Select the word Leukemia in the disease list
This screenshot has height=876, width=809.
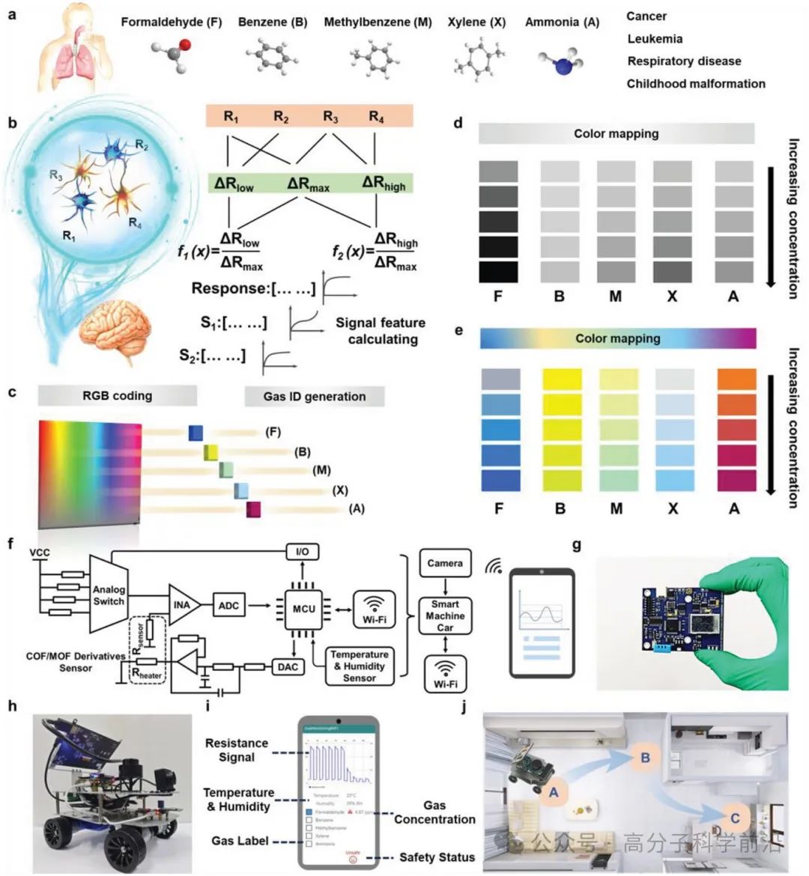(655, 39)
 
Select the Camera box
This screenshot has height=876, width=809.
(445, 563)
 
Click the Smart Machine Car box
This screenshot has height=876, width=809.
(445, 616)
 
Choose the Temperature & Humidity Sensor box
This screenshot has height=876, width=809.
(359, 666)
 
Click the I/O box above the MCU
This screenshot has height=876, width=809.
(303, 552)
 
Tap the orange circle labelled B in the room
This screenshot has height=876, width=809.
(644, 758)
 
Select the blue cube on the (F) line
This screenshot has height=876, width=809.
(196, 433)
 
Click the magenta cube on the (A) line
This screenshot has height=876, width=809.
(254, 510)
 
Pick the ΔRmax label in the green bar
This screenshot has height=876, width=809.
(308, 183)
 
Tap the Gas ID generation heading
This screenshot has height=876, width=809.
(315, 397)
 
